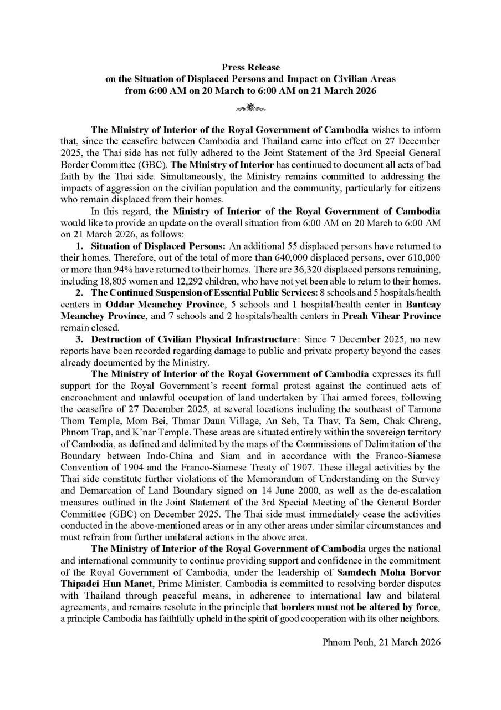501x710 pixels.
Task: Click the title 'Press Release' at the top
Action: (x=250, y=67)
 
